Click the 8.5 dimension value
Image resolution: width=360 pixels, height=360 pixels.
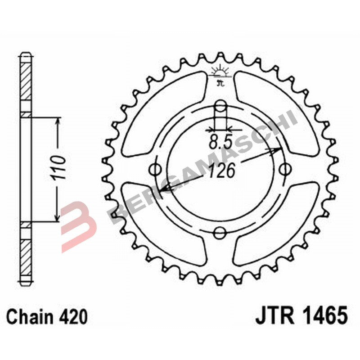[x=220, y=143]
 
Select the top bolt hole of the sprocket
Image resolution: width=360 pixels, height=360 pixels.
[x=220, y=107]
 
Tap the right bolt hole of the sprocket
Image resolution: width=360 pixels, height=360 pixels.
[x=285, y=170]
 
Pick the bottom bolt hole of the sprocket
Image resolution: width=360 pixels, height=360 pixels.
[x=220, y=233]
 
